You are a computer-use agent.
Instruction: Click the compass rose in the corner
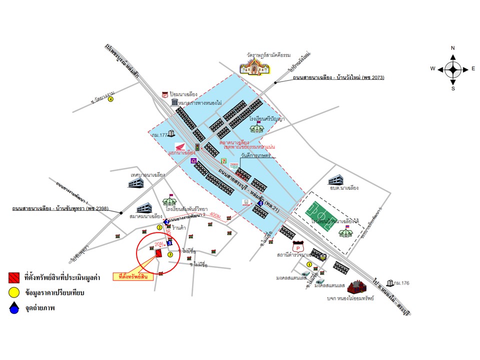[x=453, y=68]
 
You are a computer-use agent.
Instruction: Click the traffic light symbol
[x=197, y=147]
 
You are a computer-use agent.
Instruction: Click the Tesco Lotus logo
[x=233, y=165]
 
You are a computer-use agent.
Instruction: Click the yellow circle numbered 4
[x=111, y=99]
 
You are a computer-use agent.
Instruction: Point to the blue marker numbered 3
[x=169, y=243]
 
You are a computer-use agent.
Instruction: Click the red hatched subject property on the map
[x=158, y=252]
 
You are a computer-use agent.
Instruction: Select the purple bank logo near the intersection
[x=193, y=161]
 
